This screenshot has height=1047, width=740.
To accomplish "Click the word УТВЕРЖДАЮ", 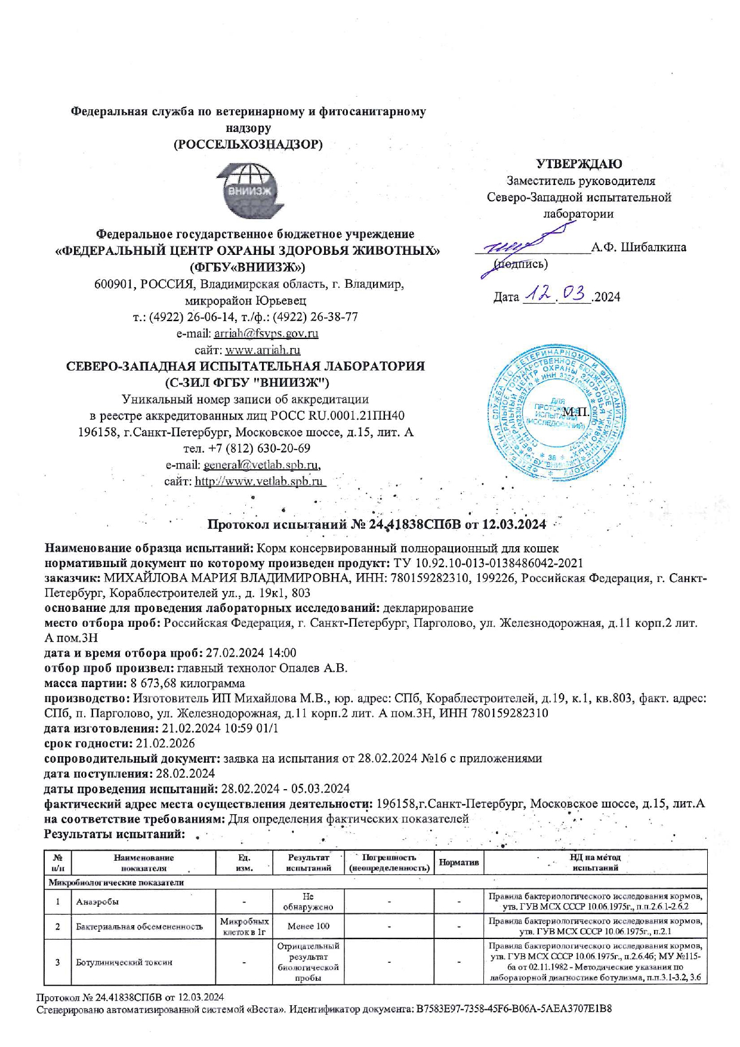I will (x=578, y=164).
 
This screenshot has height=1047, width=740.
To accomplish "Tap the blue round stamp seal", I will (x=557, y=414).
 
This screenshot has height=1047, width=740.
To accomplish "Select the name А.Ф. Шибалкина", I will (x=639, y=247).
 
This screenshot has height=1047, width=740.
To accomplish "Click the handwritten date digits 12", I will (x=537, y=295).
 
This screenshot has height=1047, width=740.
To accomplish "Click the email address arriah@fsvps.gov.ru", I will (x=266, y=334).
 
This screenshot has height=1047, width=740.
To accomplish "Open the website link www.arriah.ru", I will (x=263, y=350).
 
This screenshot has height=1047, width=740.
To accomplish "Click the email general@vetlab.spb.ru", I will (x=261, y=464).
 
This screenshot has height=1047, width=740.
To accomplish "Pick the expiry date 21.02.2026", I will (x=165, y=743).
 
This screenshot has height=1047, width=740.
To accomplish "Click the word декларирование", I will (x=427, y=608).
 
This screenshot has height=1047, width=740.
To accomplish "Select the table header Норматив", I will (x=459, y=863).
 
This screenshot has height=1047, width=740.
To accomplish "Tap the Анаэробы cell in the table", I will (x=97, y=901).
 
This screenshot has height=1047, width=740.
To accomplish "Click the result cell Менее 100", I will (x=309, y=926).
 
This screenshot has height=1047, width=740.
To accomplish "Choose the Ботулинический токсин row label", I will (x=124, y=962).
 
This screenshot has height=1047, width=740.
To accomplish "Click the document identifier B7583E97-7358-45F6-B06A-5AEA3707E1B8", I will (x=514, y=1009).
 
